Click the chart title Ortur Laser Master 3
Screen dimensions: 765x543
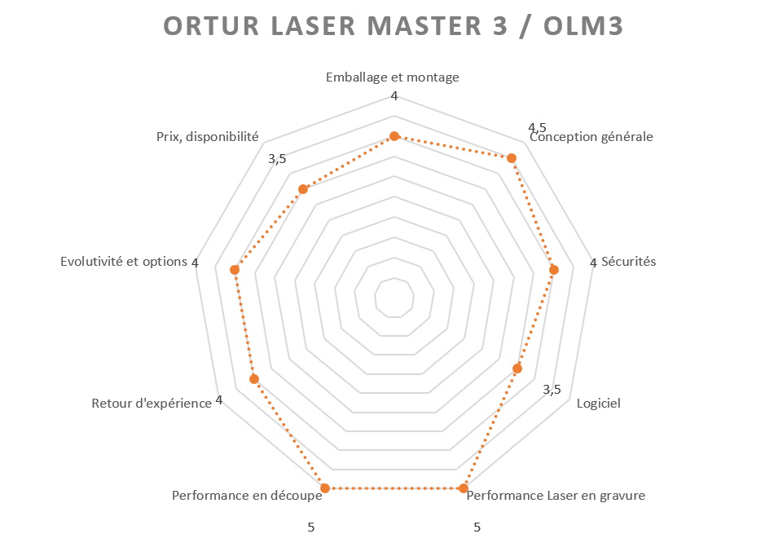pos(393,26)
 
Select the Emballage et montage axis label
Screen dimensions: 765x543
pos(392,77)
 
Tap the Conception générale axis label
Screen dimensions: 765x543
pos(591,137)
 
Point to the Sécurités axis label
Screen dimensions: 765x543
pos(628,262)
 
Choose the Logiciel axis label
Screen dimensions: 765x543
pos(599,404)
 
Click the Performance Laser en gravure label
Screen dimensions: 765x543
pos(556,496)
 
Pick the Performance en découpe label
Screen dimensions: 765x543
pos(247,496)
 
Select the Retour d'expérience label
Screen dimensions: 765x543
pos(152,404)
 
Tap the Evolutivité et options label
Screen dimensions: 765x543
pos(124,262)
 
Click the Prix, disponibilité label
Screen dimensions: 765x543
pos(208,137)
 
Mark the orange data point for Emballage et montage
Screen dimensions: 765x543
pos(394,136)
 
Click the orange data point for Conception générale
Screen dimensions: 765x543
pos(512,157)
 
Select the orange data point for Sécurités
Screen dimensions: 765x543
pos(554,270)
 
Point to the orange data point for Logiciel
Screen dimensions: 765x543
pos(517,369)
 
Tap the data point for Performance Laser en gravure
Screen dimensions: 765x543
pos(464,488)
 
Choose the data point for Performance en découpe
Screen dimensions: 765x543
pos(325,488)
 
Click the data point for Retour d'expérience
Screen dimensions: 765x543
pos(253,379)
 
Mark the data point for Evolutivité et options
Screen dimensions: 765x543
pos(235,270)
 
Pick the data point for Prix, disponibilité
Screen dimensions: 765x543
pos(303,189)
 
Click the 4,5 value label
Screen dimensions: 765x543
pos(537,128)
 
